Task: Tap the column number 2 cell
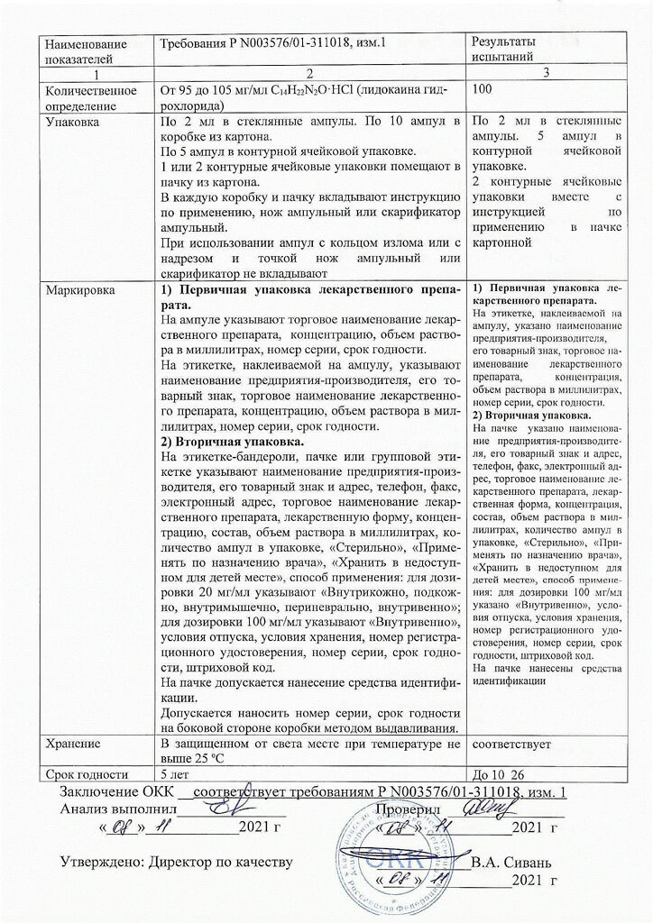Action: coord(308,74)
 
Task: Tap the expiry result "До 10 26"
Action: coord(498,773)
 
